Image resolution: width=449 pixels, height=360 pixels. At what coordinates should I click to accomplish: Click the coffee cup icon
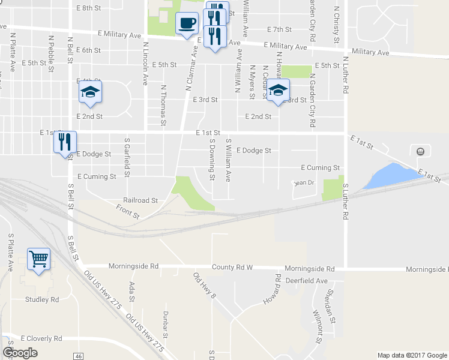click(187, 24)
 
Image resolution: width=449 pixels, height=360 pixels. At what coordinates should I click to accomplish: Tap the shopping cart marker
click(38, 259)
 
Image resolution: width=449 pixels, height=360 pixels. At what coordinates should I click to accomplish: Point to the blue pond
click(390, 175)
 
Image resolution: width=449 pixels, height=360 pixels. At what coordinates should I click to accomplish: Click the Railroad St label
click(140, 200)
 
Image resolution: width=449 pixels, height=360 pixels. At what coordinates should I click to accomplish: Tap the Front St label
click(128, 211)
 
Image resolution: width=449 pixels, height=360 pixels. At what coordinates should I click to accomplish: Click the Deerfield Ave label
click(306, 280)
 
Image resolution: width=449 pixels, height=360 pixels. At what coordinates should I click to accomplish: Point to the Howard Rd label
click(271, 289)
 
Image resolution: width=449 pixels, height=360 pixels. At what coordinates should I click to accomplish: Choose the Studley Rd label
click(42, 299)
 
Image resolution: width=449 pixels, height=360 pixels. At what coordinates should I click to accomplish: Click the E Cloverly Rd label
click(41, 338)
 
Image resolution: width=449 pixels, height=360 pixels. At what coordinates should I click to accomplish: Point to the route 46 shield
click(79, 356)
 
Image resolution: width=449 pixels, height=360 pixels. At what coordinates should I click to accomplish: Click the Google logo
click(20, 353)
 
